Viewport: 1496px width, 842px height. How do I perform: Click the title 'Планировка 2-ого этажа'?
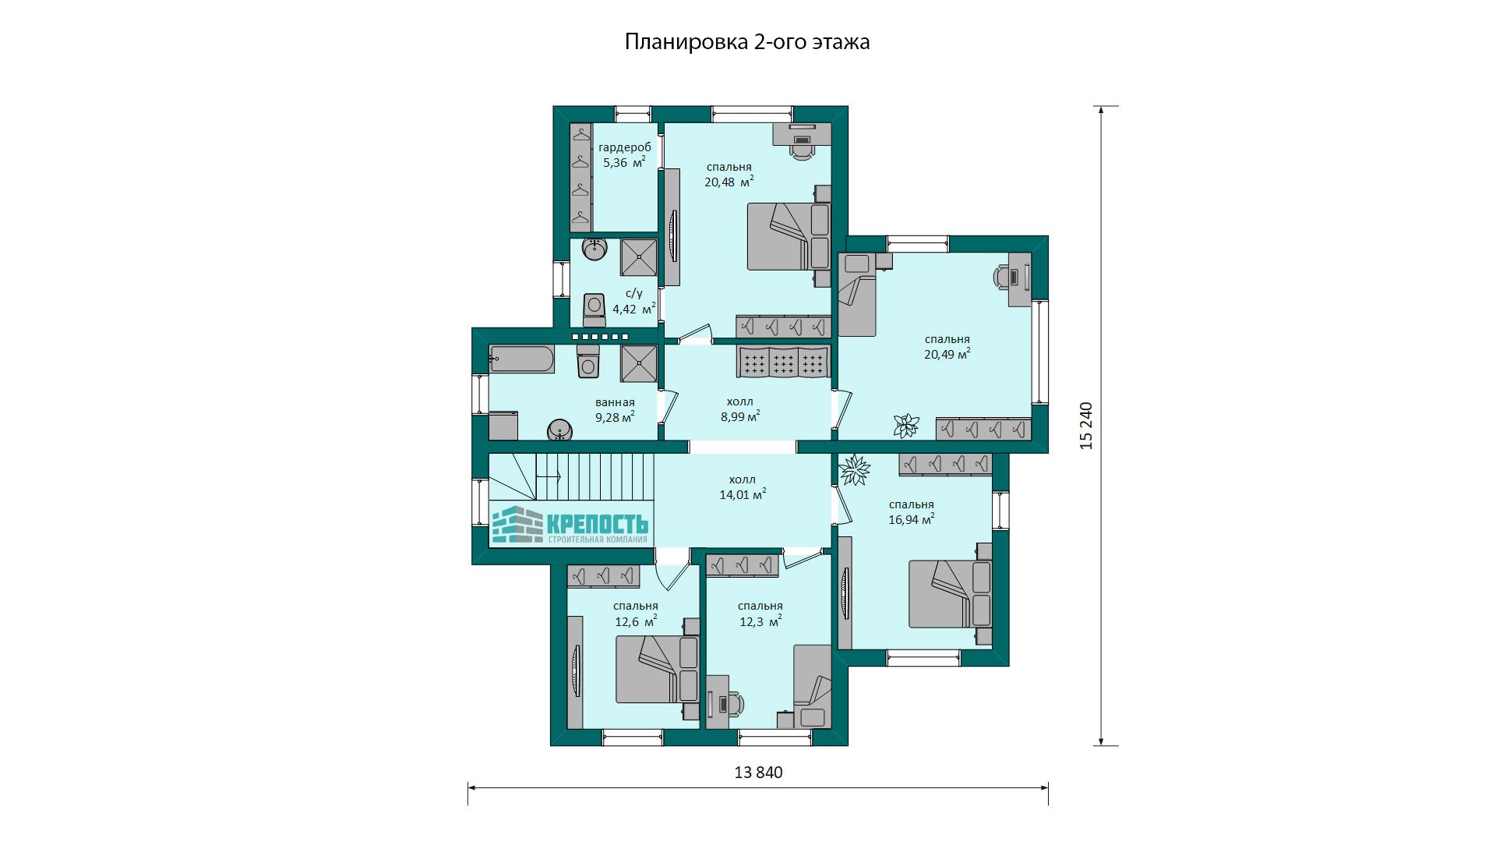pos(747,42)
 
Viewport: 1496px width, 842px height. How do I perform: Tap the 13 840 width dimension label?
pos(758,773)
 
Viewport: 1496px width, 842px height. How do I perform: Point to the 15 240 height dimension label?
pos(1086,426)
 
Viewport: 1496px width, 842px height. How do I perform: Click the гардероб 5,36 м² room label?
pos(625,155)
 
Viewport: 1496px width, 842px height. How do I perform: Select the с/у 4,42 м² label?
pos(633,301)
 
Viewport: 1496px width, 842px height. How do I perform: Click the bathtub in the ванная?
pos(521,360)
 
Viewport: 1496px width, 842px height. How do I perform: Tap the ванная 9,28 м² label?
pos(615,410)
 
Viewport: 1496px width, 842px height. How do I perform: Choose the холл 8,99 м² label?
pos(740,409)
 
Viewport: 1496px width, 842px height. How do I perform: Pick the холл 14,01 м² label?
pos(743,487)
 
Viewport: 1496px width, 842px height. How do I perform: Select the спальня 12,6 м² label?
pos(636,614)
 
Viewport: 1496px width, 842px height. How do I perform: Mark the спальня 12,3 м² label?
pos(760,614)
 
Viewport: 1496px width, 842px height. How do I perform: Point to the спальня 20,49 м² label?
pos(947,347)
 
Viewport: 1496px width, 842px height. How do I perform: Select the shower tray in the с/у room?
pos(639,257)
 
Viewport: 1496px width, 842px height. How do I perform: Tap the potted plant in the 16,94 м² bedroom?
pos(855,469)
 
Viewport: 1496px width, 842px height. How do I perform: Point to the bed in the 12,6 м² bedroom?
pos(657,669)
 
